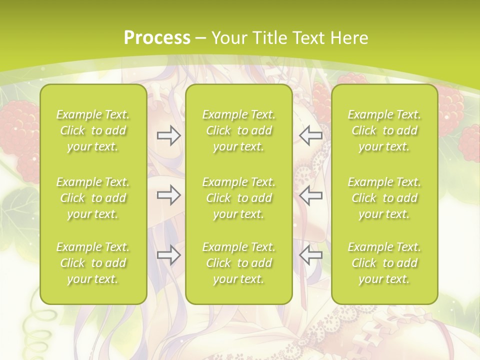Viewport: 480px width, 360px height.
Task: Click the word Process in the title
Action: pyautogui.click(x=157, y=38)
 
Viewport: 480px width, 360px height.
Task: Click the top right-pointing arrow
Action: pyautogui.click(x=168, y=135)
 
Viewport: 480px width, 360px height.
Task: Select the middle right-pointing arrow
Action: pyautogui.click(x=168, y=195)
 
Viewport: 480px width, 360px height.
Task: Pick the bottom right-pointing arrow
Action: pyautogui.click(x=168, y=255)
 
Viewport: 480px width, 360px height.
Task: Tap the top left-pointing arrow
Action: pyautogui.click(x=311, y=135)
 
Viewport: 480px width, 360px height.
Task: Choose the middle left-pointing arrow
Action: pyautogui.click(x=311, y=195)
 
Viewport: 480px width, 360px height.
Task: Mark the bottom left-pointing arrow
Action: pyautogui.click(x=311, y=255)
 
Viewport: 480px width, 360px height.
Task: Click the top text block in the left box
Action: pyautogui.click(x=93, y=130)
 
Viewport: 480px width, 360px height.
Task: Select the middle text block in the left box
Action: pyautogui.click(x=93, y=198)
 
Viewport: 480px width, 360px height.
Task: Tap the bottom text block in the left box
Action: pyautogui.click(x=93, y=263)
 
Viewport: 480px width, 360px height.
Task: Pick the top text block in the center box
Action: pyautogui.click(x=238, y=130)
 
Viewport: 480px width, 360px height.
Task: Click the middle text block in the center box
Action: pyautogui.click(x=238, y=198)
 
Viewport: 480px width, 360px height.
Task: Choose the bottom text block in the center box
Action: pyautogui.click(x=238, y=263)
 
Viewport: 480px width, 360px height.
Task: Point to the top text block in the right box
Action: pyautogui.click(x=384, y=130)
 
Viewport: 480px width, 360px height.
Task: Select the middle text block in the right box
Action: pyautogui.click(x=384, y=198)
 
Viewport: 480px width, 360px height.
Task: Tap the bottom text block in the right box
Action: pyautogui.click(x=384, y=263)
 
